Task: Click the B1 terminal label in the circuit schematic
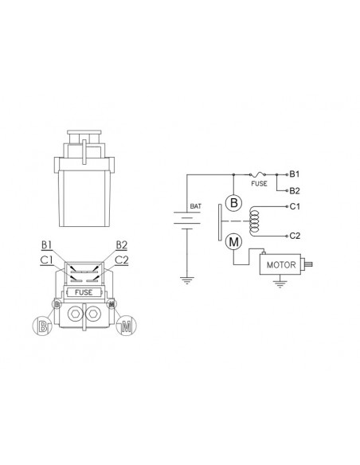click(295, 174)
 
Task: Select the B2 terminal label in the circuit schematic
click(295, 190)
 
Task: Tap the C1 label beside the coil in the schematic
click(295, 206)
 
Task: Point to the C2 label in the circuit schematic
click(295, 236)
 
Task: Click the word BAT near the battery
click(195, 206)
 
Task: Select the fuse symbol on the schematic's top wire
click(258, 174)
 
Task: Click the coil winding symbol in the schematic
click(254, 221)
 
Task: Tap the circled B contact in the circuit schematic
click(233, 203)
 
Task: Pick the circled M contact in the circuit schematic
click(233, 242)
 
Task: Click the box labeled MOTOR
click(280, 264)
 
